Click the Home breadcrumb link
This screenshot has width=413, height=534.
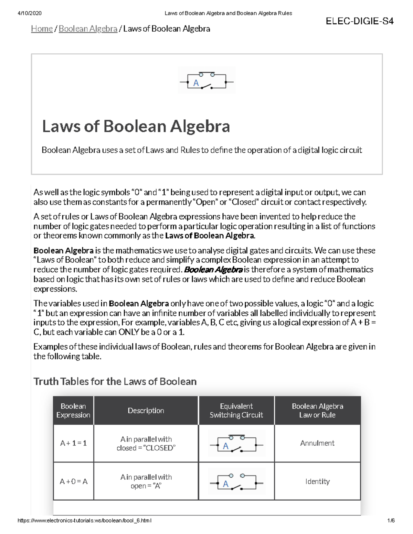click(x=42, y=29)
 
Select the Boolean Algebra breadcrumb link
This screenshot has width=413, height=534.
click(x=88, y=29)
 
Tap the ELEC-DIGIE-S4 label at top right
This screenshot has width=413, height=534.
click(x=360, y=22)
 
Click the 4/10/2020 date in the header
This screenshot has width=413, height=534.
click(x=29, y=13)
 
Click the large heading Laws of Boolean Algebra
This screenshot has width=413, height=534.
click(x=136, y=126)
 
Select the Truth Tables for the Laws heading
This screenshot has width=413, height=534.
click(x=115, y=381)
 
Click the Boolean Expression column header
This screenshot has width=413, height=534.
click(x=73, y=411)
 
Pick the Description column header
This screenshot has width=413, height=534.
click(x=146, y=411)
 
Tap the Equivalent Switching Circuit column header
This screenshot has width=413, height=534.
click(x=236, y=411)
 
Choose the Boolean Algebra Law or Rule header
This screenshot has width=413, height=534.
click(x=317, y=411)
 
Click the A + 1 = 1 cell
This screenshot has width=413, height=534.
click(x=73, y=443)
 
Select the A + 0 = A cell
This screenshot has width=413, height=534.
click(x=73, y=481)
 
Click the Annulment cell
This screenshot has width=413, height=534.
click(x=317, y=443)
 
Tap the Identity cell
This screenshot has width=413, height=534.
click(x=317, y=481)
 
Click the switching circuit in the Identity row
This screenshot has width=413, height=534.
click(x=236, y=482)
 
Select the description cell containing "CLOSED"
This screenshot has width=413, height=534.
click(x=146, y=444)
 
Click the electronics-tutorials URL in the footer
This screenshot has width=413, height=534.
click(x=84, y=521)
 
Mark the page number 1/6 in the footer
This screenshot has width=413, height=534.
click(x=391, y=521)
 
